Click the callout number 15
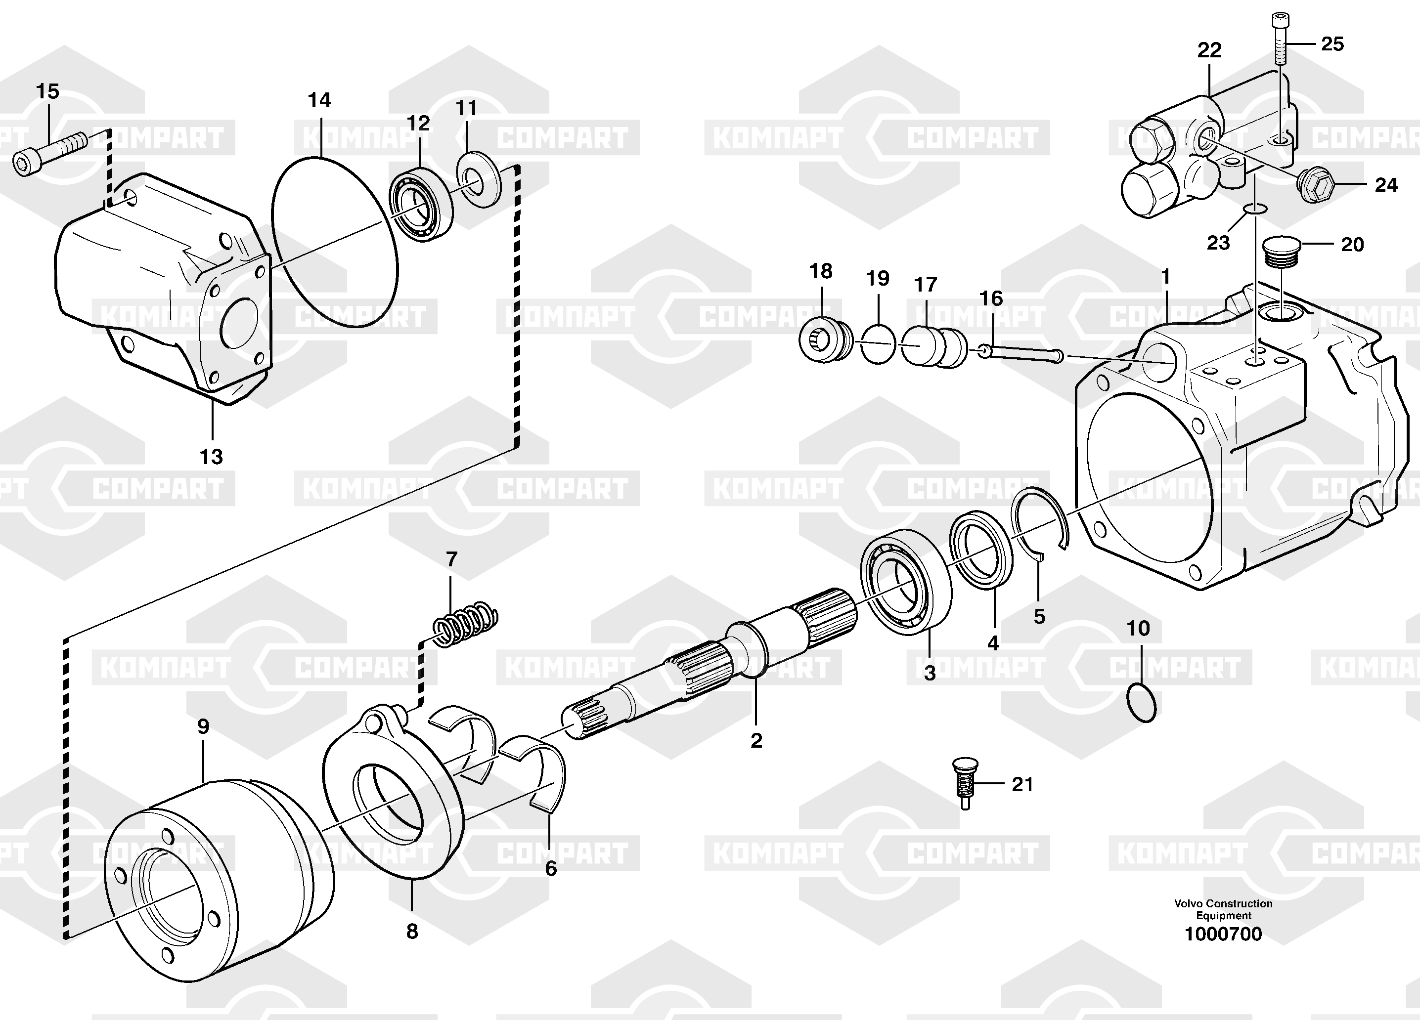47,91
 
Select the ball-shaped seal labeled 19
878,343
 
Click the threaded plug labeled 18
825,342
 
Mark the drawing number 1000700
1223,952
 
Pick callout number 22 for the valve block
1209,50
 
